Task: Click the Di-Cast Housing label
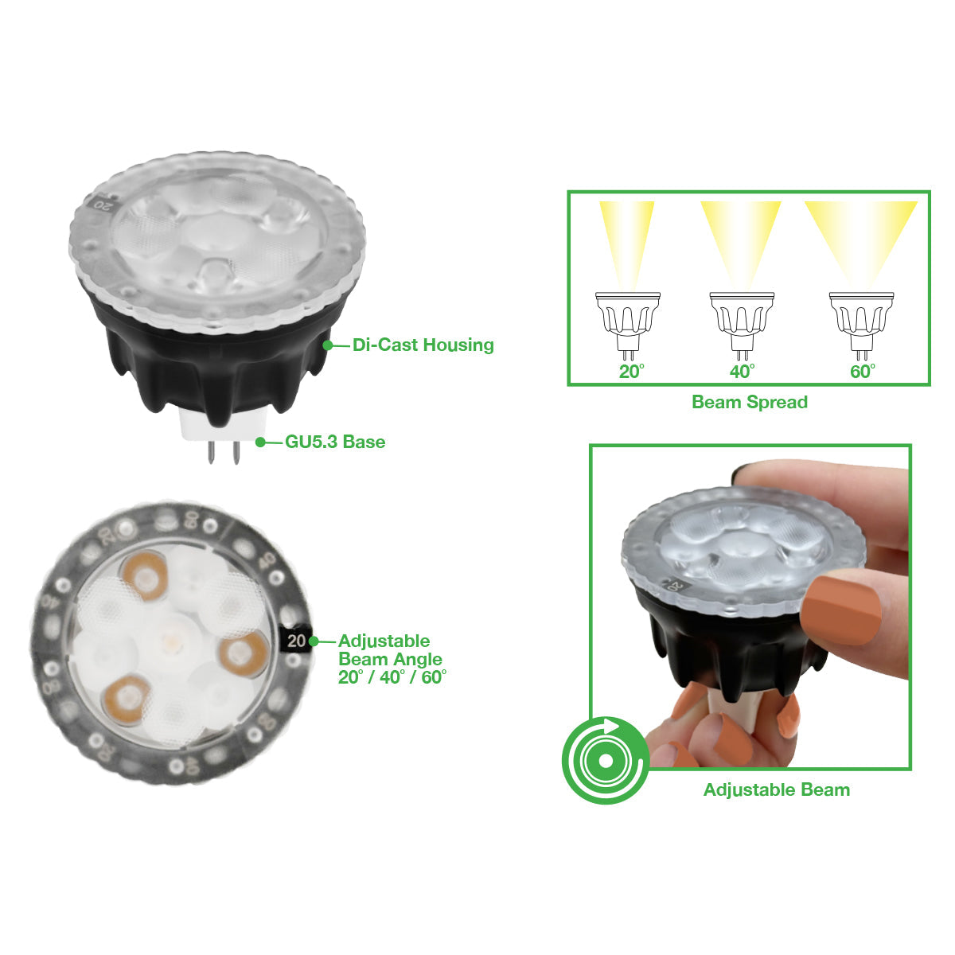click(x=423, y=345)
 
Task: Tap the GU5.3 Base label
click(x=335, y=442)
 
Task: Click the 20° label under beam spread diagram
click(x=631, y=371)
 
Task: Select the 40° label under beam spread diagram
click(x=742, y=371)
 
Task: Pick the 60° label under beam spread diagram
click(x=863, y=371)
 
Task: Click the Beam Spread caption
click(x=750, y=402)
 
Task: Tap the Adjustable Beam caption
click(x=777, y=789)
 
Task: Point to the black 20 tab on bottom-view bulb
click(x=296, y=641)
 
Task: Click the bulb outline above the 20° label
click(x=627, y=325)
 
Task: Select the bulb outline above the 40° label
click(x=742, y=325)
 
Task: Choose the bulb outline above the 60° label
click(x=861, y=325)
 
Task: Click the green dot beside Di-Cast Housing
click(x=328, y=345)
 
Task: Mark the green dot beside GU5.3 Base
click(x=260, y=442)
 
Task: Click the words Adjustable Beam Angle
click(x=390, y=649)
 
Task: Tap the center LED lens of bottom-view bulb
click(x=173, y=640)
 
